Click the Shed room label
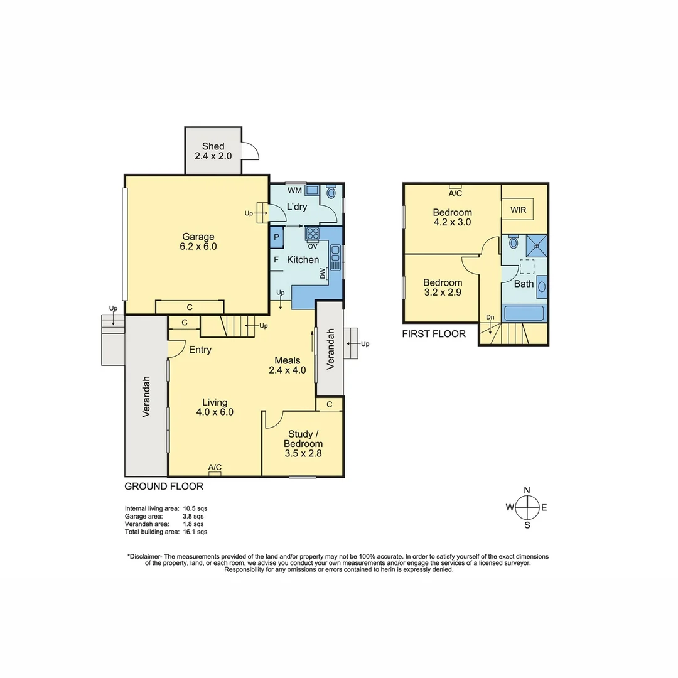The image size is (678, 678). tap(213, 151)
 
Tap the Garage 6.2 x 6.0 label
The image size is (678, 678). tap(198, 242)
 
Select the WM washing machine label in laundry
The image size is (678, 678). tap(294, 190)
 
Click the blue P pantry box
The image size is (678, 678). tap(276, 237)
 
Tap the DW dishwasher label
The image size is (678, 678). tap(323, 274)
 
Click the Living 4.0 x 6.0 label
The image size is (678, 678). tap(215, 407)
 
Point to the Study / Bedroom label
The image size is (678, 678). tap(303, 443)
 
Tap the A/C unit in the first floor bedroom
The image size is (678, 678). tap(455, 186)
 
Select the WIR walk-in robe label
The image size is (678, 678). tap(518, 209)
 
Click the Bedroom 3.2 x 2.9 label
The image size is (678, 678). tap(442, 288)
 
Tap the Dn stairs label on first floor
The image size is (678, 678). tap(490, 318)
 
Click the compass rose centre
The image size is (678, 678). tap(527, 507)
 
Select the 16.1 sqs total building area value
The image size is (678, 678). tap(195, 532)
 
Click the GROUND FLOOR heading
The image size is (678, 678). tap(164, 486)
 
